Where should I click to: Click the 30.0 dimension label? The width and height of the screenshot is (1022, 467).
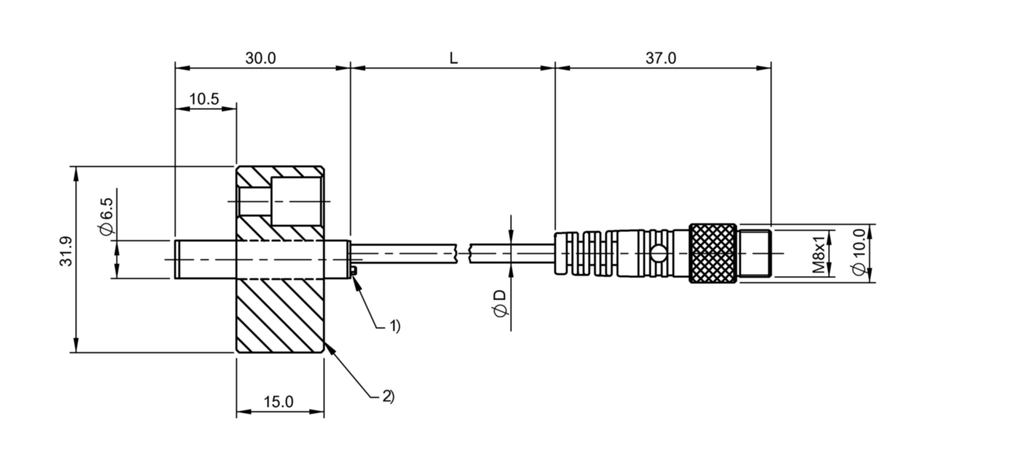point(261,58)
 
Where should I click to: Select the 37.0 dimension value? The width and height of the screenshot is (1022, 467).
point(661,58)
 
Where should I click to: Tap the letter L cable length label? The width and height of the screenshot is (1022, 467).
point(453,58)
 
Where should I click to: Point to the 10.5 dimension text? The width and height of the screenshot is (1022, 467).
point(204,99)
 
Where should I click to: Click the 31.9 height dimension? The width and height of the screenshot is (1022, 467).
point(66,252)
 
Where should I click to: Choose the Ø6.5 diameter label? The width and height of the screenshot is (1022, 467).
point(107,217)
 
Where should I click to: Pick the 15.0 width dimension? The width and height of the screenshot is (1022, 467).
point(278,402)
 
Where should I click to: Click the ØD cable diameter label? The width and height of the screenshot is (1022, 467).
point(500,303)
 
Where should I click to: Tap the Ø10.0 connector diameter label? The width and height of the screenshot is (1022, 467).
point(859,252)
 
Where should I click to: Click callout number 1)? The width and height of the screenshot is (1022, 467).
point(394,326)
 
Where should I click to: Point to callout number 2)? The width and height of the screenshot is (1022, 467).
point(388,396)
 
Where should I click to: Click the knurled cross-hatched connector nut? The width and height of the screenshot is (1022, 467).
point(713,254)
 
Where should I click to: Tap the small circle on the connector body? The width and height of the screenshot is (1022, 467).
point(657,254)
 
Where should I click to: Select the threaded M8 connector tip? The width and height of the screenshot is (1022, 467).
point(755,254)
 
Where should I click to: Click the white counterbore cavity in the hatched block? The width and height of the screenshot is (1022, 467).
point(297,201)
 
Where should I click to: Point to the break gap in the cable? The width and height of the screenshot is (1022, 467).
point(463,254)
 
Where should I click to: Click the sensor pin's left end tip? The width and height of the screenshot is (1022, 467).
point(175,259)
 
